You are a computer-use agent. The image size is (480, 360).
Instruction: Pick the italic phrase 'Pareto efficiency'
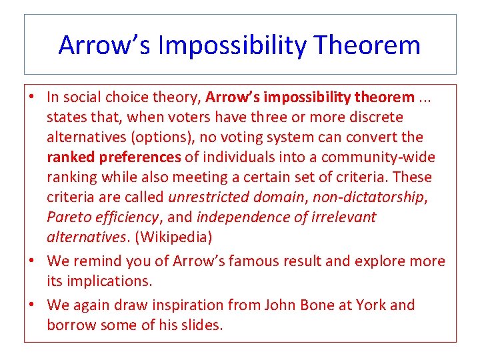point(102,217)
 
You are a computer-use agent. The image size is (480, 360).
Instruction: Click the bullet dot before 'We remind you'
point(33,261)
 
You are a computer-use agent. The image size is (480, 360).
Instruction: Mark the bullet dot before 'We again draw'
point(33,305)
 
